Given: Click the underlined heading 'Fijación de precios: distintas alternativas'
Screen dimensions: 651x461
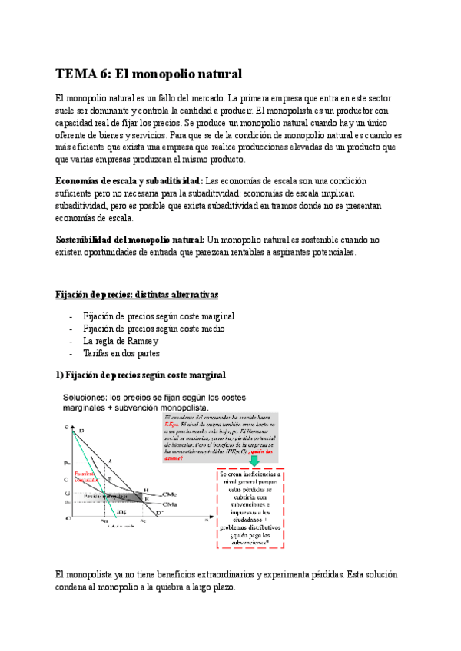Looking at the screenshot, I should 138,295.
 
